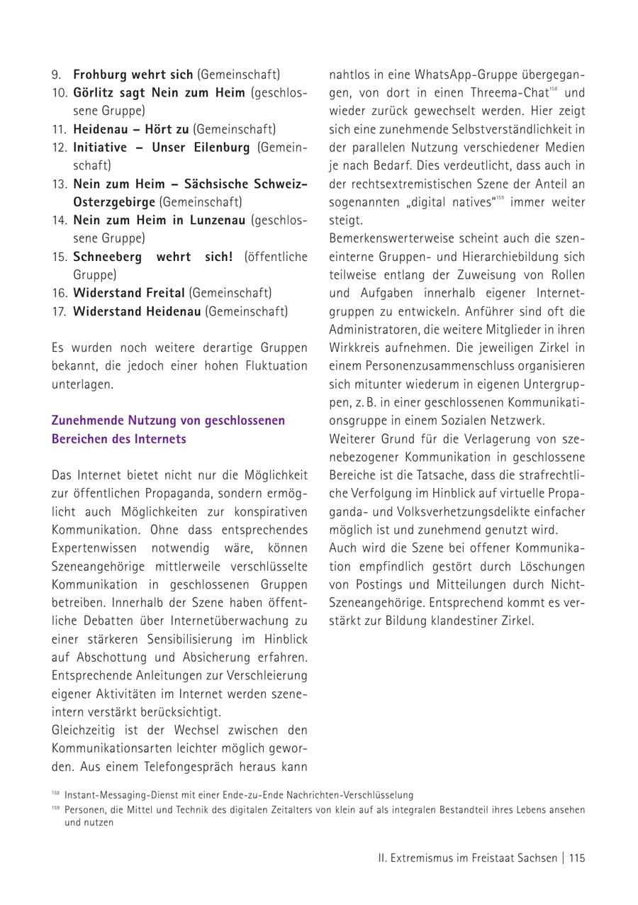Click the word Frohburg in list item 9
point(99,74)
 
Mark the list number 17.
point(59,311)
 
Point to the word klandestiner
point(469,621)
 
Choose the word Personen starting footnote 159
point(84,810)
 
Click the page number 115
point(577,858)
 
